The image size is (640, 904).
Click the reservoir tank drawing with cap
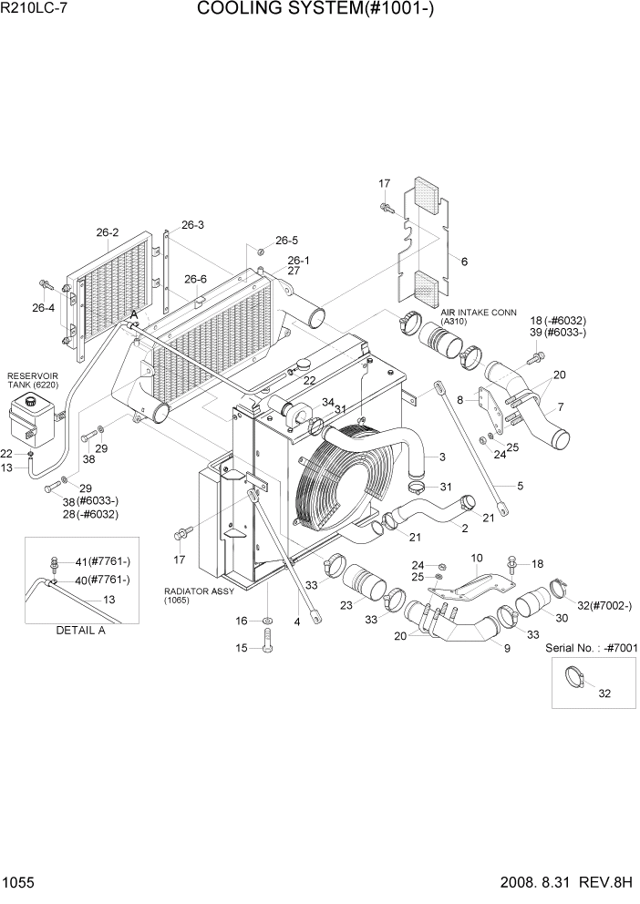[x=33, y=422]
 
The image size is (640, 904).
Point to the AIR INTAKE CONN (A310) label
[x=479, y=316]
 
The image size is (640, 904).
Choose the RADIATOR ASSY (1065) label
[x=199, y=595]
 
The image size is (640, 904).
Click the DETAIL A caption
[x=80, y=630]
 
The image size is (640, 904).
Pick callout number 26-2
[x=108, y=232]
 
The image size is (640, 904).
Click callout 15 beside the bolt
[x=242, y=648]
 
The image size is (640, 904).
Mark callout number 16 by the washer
[x=242, y=621]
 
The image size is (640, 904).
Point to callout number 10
[x=475, y=557]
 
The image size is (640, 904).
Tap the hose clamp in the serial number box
[x=577, y=677]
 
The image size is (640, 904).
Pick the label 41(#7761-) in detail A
[x=102, y=560]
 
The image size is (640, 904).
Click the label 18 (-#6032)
[x=558, y=321]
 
